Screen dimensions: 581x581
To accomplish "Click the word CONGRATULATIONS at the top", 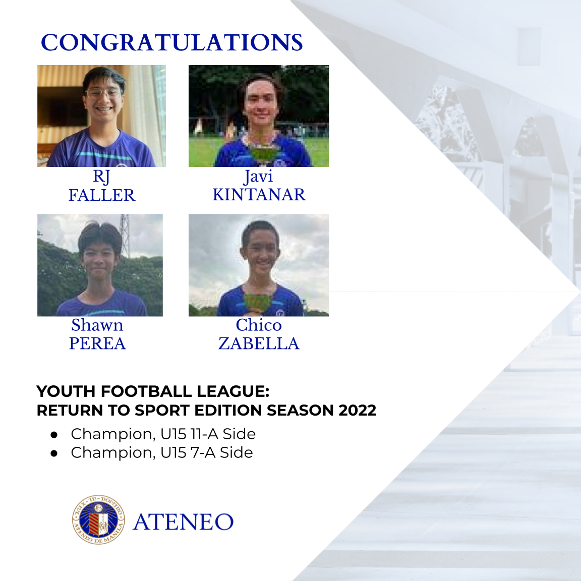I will click(x=171, y=43).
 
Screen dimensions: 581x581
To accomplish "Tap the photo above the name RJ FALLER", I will click(x=101, y=116).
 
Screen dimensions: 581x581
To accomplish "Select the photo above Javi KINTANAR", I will click(x=259, y=116).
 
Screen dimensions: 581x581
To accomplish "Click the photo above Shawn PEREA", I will click(x=100, y=265).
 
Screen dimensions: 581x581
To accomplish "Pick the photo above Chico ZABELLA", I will click(x=259, y=265).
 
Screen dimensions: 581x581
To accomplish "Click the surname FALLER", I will click(x=102, y=195).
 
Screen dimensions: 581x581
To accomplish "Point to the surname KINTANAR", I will click(x=259, y=195).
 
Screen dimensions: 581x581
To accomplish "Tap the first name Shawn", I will click(x=97, y=325).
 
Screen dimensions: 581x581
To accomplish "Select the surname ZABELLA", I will click(x=259, y=343).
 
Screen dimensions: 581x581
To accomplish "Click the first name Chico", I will click(x=259, y=325).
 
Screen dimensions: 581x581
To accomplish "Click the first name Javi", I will click(x=259, y=177).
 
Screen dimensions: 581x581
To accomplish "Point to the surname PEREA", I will click(x=97, y=343).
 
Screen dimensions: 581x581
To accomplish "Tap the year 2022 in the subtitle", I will click(x=358, y=411).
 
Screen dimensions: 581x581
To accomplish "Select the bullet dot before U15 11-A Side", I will click(x=54, y=434).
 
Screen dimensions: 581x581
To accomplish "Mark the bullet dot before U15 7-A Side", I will click(x=54, y=453).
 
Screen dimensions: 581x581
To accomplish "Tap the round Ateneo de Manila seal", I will click(x=98, y=519).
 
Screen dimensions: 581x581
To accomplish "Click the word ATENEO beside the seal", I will click(x=183, y=522).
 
